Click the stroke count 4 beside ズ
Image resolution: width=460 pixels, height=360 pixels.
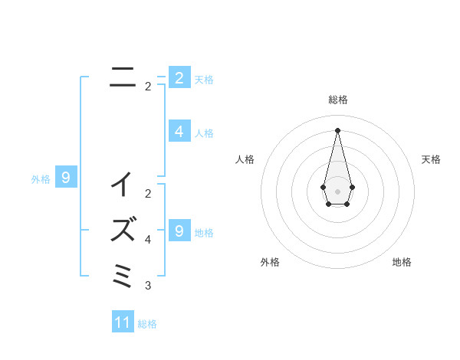click(x=147, y=240)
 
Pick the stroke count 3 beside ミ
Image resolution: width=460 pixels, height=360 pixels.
click(x=147, y=286)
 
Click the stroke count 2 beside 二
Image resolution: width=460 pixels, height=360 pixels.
click(x=147, y=87)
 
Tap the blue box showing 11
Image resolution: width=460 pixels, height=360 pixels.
click(x=123, y=322)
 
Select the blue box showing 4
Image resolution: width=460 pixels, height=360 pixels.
click(x=179, y=132)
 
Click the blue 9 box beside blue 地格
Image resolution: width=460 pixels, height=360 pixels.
click(x=179, y=230)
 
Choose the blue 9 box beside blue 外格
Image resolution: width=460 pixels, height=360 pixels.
click(x=66, y=178)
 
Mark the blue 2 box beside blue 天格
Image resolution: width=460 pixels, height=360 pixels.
click(x=179, y=77)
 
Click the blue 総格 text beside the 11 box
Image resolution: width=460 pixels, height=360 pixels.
click(x=147, y=324)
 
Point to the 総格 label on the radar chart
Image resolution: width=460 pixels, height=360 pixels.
click(x=338, y=100)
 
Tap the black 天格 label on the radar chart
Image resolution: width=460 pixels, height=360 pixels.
click(x=431, y=159)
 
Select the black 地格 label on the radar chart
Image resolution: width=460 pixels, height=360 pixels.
click(x=402, y=262)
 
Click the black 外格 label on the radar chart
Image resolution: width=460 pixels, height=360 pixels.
click(x=270, y=262)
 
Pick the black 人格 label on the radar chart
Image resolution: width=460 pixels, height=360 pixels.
click(x=245, y=159)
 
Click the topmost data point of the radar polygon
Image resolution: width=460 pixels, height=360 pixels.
click(x=338, y=129)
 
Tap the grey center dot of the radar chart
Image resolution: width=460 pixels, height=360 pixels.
click(x=338, y=191)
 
